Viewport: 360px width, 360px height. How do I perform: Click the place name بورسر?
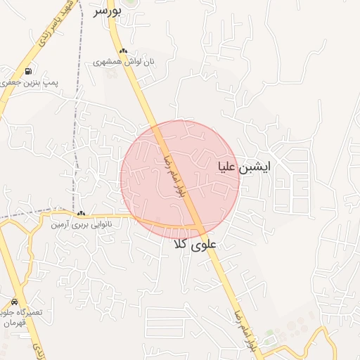108,11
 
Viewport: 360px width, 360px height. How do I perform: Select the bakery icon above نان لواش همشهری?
124,51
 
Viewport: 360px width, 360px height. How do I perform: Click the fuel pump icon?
27,71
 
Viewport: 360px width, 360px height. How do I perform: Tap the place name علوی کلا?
196,245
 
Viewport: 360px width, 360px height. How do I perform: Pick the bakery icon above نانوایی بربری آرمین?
82,214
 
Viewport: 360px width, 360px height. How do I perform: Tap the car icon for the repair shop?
14,301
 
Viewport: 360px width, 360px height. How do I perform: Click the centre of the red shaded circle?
180,180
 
